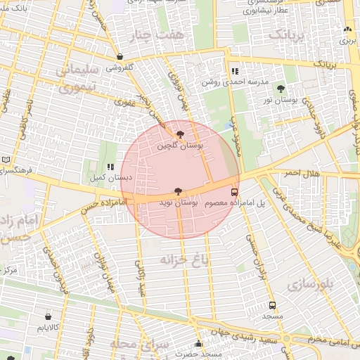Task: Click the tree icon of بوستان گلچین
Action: tap(181, 134)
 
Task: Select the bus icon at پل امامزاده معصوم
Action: tap(234, 191)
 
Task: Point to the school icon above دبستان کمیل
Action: tap(110, 167)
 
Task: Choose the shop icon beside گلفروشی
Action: tap(120, 57)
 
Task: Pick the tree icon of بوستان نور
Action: tap(281, 89)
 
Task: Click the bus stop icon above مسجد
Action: tap(272, 306)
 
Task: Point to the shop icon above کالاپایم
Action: tap(48, 316)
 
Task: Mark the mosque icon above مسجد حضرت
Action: tap(199, 344)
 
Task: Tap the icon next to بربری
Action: tap(347, 30)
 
